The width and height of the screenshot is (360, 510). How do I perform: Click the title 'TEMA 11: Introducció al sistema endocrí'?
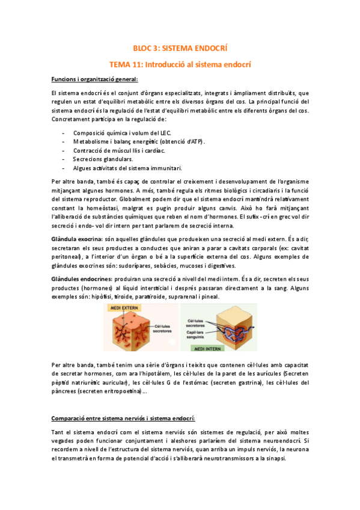point(180,63)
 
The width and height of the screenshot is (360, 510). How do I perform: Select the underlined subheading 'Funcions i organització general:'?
point(95,79)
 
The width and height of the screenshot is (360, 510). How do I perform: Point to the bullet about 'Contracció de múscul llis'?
point(118,150)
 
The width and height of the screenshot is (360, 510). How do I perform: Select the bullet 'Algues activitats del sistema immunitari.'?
point(127,168)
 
